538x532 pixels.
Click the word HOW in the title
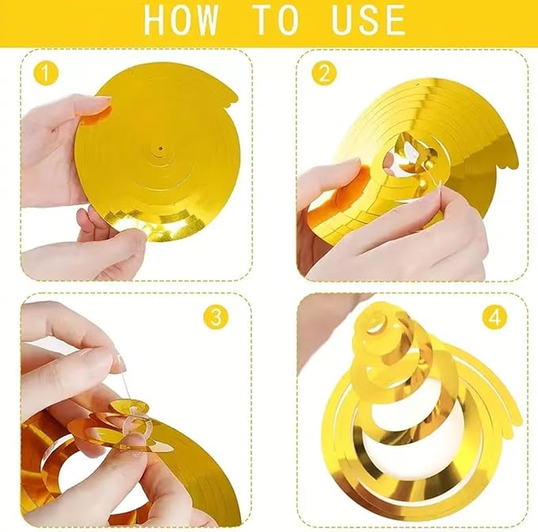tap(181, 19)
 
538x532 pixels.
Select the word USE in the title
tap(368, 19)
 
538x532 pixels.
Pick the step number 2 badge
tap(324, 73)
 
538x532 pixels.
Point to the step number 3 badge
tap(216, 317)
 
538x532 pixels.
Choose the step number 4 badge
tap(494, 317)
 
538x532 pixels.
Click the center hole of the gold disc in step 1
tap(161, 148)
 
